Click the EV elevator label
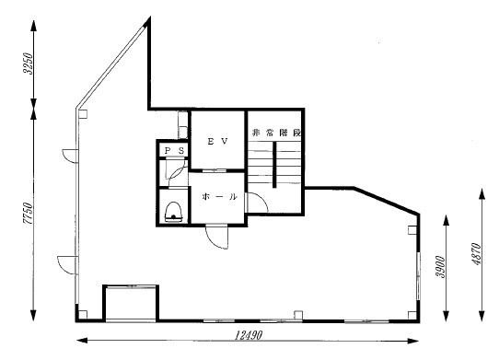[218, 142]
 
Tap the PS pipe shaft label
[174, 151]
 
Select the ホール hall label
[220, 197]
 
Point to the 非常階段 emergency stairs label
[276, 133]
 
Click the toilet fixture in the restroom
[173, 212]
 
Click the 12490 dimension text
[249, 335]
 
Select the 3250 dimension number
[29, 64]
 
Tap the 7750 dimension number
[29, 214]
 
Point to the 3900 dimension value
[441, 267]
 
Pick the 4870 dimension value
[477, 254]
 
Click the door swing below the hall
[217, 237]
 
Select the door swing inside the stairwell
[258, 203]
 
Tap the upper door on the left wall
[70, 156]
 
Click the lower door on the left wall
[67, 265]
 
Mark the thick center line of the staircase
[274, 165]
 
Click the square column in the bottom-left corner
[83, 315]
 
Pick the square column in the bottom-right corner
[412, 315]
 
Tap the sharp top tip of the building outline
[149, 17]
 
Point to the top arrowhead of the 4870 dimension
[482, 193]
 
